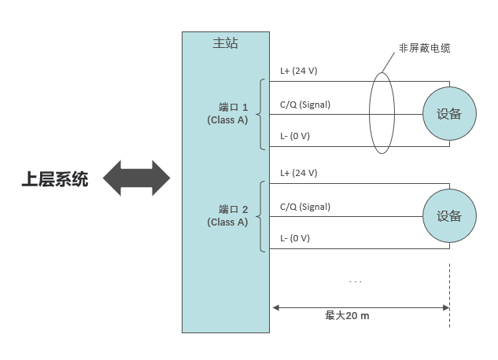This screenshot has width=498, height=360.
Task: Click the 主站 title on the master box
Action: (x=225, y=43)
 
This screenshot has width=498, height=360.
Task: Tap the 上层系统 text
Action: (x=54, y=180)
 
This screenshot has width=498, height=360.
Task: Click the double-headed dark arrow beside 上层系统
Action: (x=136, y=178)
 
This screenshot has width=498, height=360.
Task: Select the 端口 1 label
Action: (x=233, y=107)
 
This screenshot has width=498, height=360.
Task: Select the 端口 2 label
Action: (x=233, y=209)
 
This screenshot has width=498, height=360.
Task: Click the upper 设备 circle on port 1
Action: (x=449, y=113)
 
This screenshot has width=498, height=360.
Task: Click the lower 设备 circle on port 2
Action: (x=449, y=216)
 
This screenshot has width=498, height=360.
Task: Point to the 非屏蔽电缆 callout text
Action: (x=424, y=48)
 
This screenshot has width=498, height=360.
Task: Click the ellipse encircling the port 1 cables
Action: (x=382, y=113)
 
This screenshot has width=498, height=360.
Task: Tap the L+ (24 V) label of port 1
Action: (x=299, y=71)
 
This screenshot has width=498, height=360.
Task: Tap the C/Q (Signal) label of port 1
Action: (x=305, y=104)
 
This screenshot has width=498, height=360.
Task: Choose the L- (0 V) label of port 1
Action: (x=295, y=136)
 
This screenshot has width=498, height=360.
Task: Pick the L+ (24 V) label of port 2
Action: (x=299, y=173)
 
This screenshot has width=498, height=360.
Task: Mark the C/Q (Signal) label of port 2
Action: (x=305, y=207)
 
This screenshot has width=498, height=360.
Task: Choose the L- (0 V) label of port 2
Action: (x=295, y=238)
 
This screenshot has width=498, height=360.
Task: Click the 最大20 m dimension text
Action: (x=347, y=315)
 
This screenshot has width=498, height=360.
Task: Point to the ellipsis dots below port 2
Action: (x=355, y=281)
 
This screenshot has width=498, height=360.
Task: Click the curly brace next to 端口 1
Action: (x=262, y=114)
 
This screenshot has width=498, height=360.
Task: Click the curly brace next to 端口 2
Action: (x=262, y=216)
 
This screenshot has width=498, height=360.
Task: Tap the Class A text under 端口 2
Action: (x=227, y=222)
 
